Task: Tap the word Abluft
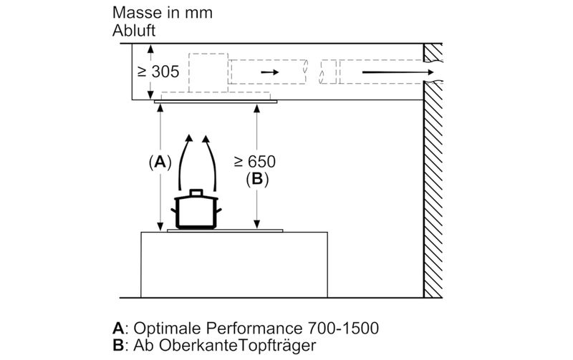click(134, 31)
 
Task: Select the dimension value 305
click(165, 72)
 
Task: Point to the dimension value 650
click(261, 162)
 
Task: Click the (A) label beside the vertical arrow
click(160, 162)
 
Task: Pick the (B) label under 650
click(257, 179)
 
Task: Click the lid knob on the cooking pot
click(196, 193)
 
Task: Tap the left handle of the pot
click(173, 210)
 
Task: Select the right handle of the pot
click(218, 210)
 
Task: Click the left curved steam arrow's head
click(188, 138)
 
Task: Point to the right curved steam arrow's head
click(206, 139)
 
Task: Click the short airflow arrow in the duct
click(270, 72)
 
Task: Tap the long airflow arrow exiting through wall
click(398, 72)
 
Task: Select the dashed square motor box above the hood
click(208, 73)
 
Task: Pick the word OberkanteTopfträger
click(238, 345)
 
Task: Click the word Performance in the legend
click(254, 328)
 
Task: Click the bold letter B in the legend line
click(118, 345)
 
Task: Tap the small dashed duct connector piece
click(328, 72)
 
